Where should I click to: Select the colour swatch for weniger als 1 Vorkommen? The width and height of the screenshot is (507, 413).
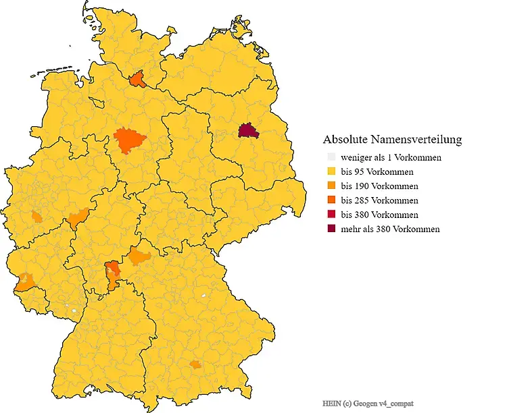[x=331, y=157]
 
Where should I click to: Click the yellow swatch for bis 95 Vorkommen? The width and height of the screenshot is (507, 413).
[x=331, y=171]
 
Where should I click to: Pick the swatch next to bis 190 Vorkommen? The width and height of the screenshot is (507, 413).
[x=331, y=186]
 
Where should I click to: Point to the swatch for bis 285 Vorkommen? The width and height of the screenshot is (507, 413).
[x=331, y=200]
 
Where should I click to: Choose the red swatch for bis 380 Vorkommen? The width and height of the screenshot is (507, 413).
[x=331, y=215]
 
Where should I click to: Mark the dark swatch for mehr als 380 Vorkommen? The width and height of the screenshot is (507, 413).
[x=331, y=229]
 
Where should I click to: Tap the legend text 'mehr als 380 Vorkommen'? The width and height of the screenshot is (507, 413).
[x=390, y=229]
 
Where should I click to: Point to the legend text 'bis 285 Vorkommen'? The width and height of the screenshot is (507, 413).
[x=379, y=200]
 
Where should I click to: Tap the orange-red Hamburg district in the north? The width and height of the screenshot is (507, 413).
[x=138, y=80]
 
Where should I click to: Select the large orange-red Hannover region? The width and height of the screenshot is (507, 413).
[x=129, y=140]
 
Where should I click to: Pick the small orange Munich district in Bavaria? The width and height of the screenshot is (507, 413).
[x=195, y=364]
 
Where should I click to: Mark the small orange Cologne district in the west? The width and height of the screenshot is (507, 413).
[x=37, y=217]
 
